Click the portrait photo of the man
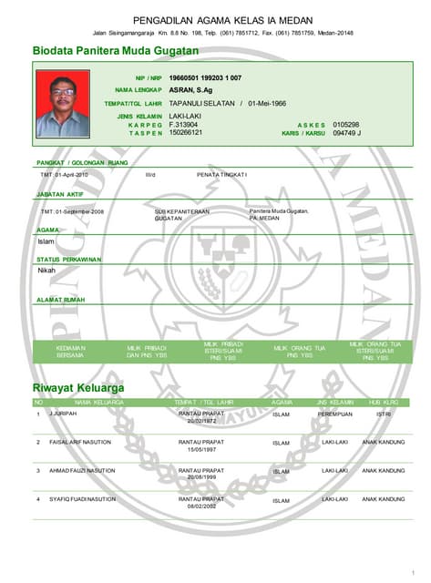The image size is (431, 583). pos(62,105)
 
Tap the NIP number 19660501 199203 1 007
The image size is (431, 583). pos(205,78)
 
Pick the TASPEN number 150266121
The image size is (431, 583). pos(186,133)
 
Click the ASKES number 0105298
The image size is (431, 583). pos(346,125)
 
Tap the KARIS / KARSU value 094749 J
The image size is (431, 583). pos(347,133)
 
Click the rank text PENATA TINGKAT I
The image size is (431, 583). pos(222,174)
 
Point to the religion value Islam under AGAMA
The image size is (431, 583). pos(46,241)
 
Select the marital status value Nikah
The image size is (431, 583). pos(46,271)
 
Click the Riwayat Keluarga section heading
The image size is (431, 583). pos(78,388)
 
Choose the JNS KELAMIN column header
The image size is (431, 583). pos(334,402)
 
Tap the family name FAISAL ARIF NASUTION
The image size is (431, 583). pos(80,442)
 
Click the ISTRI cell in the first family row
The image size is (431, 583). pos(384,414)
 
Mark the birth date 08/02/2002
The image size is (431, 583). pos(201,506)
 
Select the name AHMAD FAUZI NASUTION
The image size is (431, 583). pos(82,471)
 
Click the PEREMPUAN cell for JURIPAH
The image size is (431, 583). pos(334,414)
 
